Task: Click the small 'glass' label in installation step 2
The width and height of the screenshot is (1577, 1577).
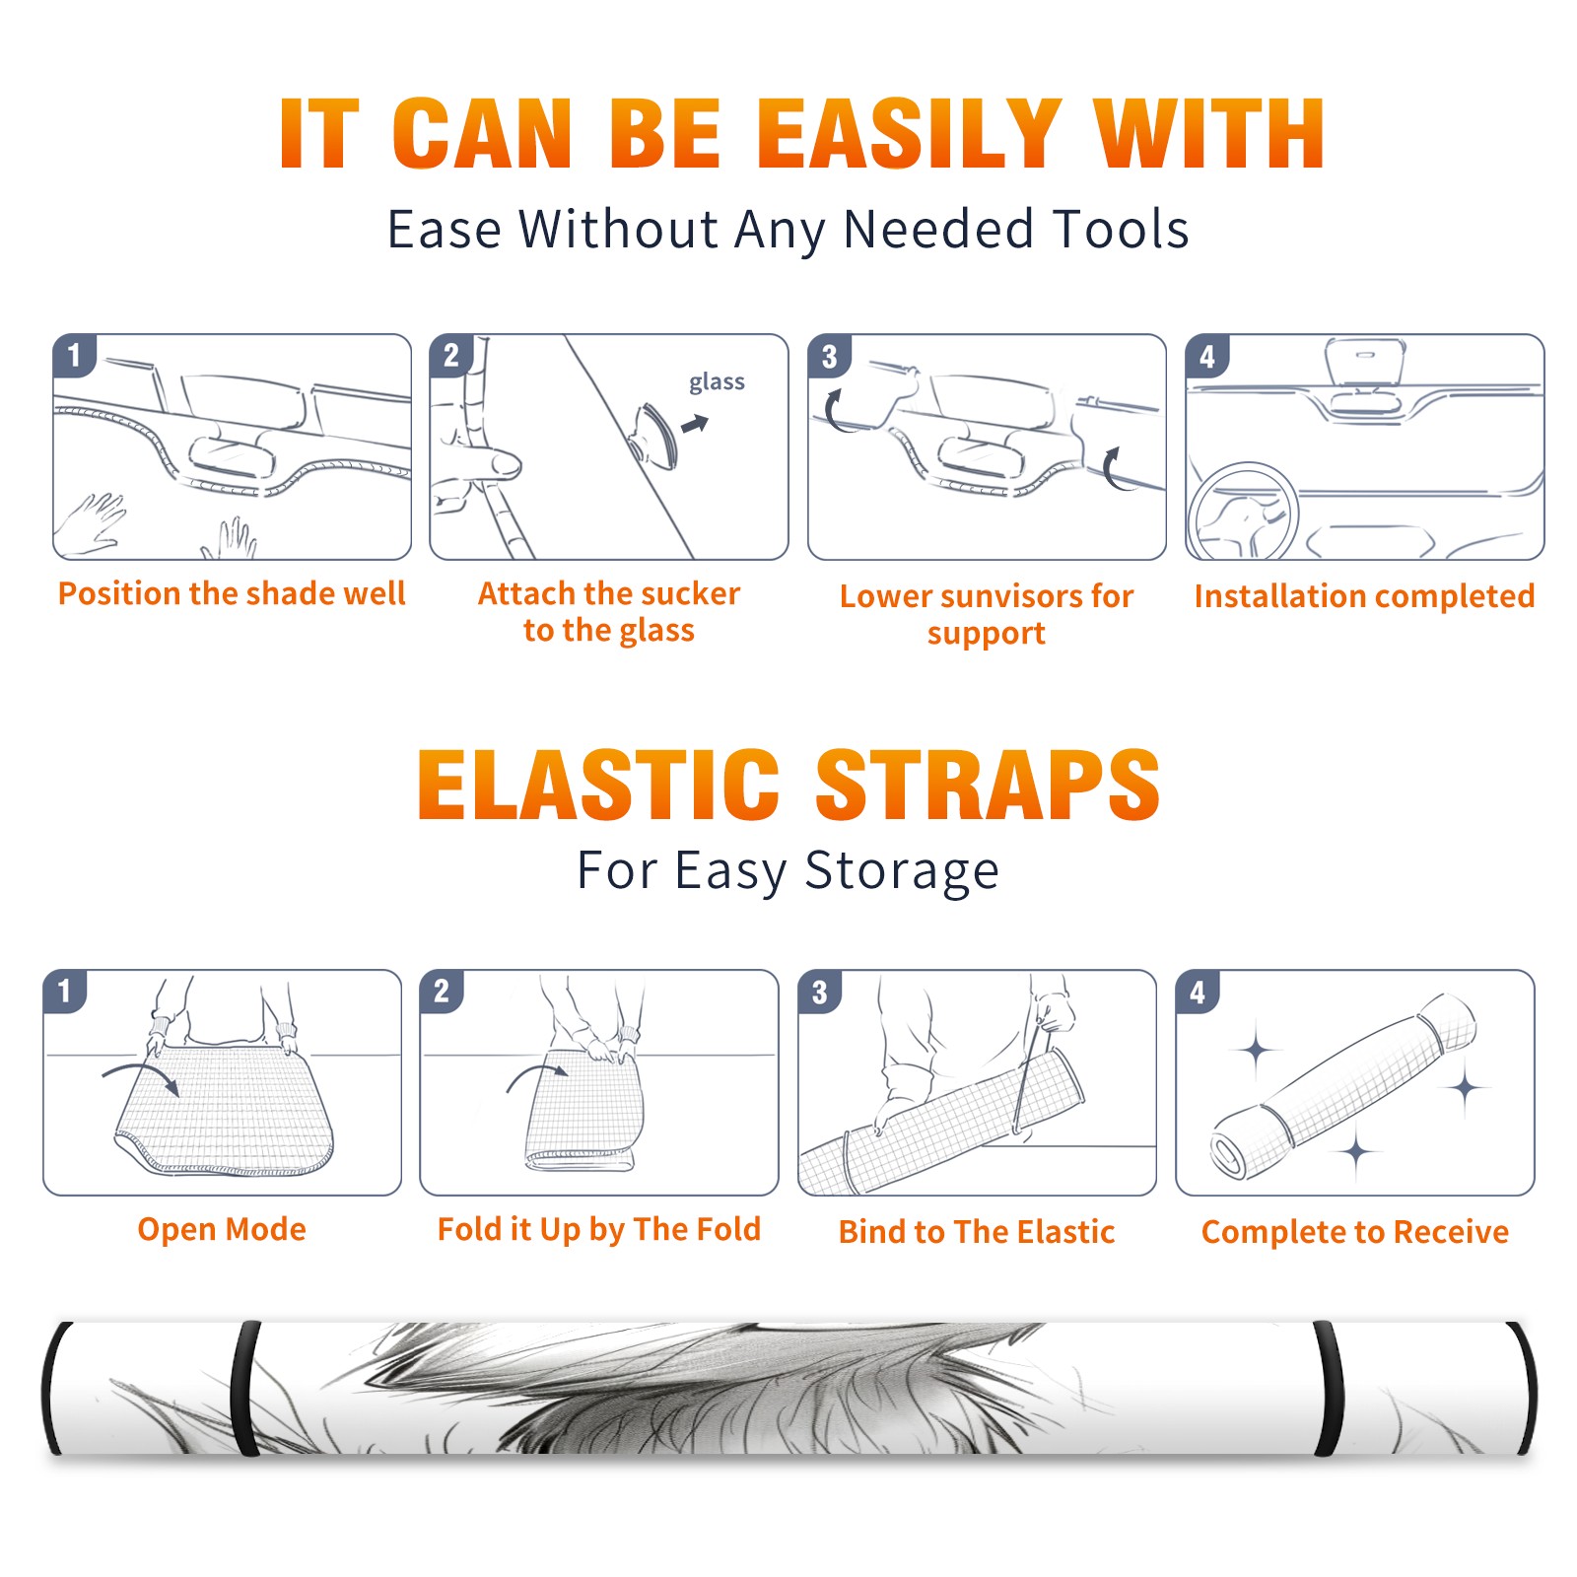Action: click(717, 382)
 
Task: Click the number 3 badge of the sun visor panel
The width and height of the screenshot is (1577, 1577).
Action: click(829, 356)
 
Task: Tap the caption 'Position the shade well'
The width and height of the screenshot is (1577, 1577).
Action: click(232, 593)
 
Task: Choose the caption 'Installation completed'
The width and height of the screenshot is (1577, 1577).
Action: click(1364, 595)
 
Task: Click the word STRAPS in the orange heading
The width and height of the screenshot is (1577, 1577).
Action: click(988, 785)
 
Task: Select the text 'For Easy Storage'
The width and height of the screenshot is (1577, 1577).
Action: click(788, 870)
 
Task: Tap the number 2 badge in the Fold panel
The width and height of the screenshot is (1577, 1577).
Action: click(441, 991)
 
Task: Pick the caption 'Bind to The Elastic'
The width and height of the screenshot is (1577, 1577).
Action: click(977, 1232)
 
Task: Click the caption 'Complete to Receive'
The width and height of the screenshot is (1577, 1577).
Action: click(1355, 1232)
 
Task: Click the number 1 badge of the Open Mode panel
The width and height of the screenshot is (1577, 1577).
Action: click(64, 991)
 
